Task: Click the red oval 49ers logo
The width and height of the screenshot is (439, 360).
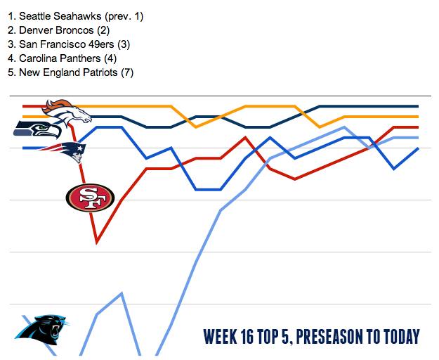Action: click(x=89, y=198)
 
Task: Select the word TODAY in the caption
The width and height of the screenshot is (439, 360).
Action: click(x=400, y=337)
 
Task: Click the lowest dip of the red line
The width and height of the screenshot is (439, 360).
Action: click(x=96, y=243)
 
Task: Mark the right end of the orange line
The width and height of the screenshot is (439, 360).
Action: click(x=418, y=117)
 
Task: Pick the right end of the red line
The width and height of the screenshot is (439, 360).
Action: click(x=418, y=127)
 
